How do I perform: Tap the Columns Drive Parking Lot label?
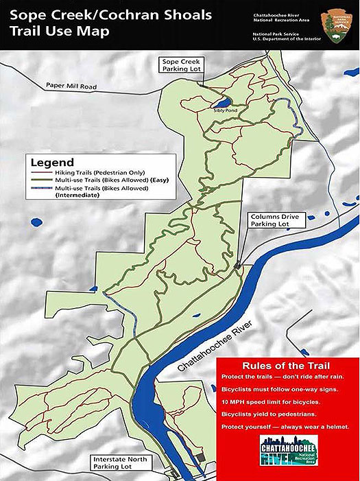click(270, 223)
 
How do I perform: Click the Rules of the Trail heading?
click(287, 364)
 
